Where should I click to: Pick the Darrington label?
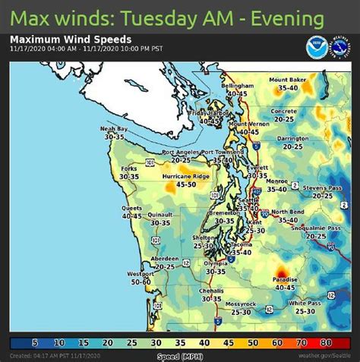point(292,139)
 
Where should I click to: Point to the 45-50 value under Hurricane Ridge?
point(165,184)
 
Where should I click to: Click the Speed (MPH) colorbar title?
point(180,356)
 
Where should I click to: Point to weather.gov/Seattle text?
point(326,356)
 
